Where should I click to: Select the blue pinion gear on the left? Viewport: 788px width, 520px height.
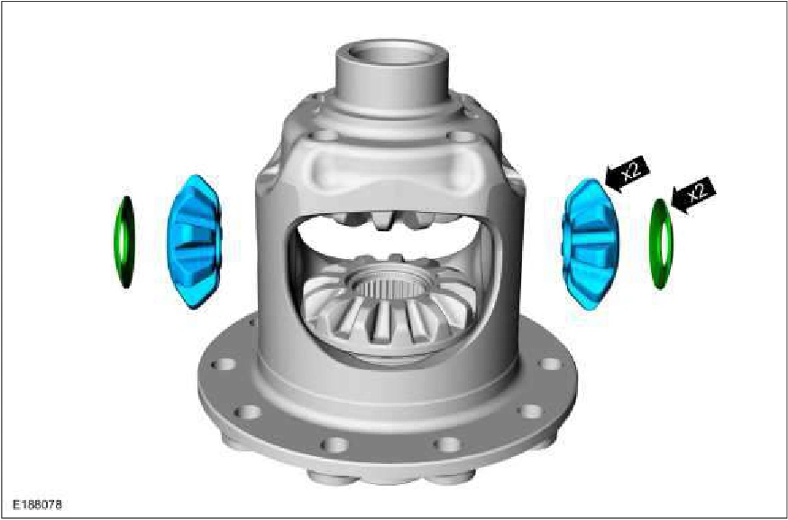pyautogui.click(x=194, y=242)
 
